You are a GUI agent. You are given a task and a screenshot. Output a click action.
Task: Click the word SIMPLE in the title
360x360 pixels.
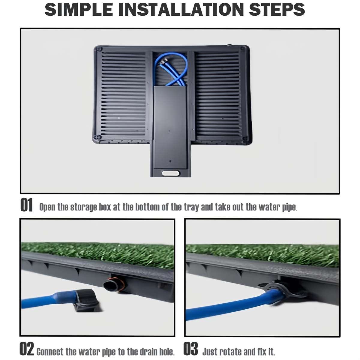point(79,9)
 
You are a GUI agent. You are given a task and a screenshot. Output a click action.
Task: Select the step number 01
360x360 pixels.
point(26,205)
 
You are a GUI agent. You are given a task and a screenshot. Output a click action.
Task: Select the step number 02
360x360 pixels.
point(26,349)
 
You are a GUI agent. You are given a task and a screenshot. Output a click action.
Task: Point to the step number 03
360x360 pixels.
point(190,349)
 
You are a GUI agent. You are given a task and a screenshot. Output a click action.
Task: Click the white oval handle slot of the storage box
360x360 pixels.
point(170,173)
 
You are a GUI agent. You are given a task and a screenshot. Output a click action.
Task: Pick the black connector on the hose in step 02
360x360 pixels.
point(86,301)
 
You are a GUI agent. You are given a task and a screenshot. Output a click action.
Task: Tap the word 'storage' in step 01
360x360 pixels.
point(84,207)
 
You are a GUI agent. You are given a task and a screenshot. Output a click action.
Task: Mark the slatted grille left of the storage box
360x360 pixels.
point(124,93)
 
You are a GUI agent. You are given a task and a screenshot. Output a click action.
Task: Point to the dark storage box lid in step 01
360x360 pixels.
point(170,127)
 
